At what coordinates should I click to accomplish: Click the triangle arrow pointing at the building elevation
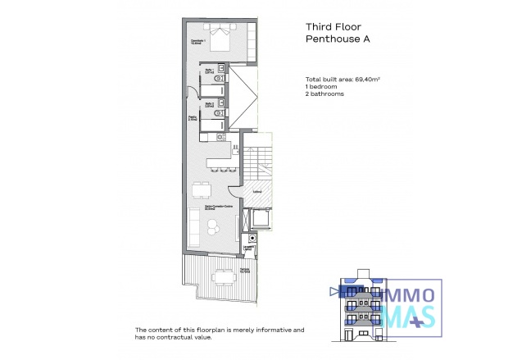pyautogui.click(x=332, y=290)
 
